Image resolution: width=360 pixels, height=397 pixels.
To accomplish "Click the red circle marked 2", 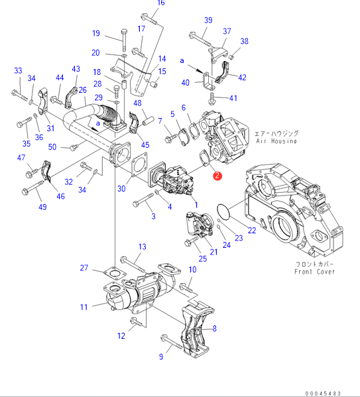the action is point(217,176).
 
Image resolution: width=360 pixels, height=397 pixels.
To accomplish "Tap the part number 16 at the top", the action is point(161,3).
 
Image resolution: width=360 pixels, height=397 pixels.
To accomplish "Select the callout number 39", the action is point(208,21).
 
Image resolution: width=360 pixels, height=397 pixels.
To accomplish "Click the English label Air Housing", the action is point(276,141).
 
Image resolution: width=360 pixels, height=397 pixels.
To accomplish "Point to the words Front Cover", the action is point(315,272).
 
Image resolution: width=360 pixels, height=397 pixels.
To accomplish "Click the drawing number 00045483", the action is point(323,394).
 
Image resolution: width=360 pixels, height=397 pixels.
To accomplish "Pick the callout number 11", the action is point(84,307).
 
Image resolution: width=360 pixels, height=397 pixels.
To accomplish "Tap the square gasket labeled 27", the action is point(115,273).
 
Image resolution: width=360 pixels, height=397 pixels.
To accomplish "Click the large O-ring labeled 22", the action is point(223,211).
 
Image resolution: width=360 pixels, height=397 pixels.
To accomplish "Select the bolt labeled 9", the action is point(172,343).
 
